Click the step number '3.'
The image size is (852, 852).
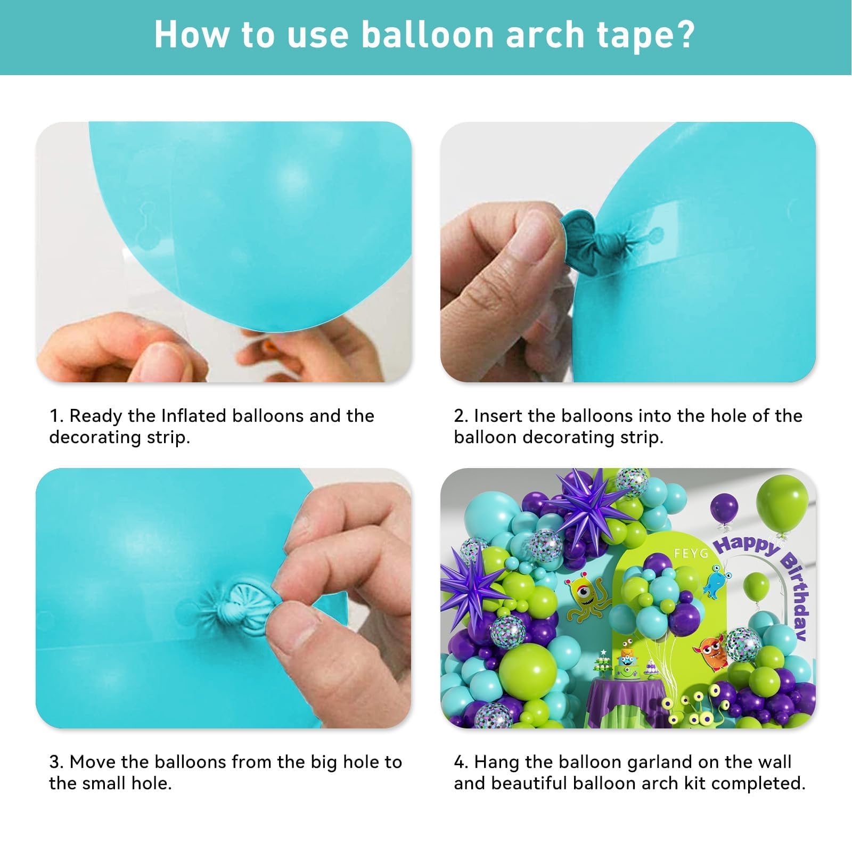click(56, 762)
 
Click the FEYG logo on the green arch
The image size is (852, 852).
click(691, 553)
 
